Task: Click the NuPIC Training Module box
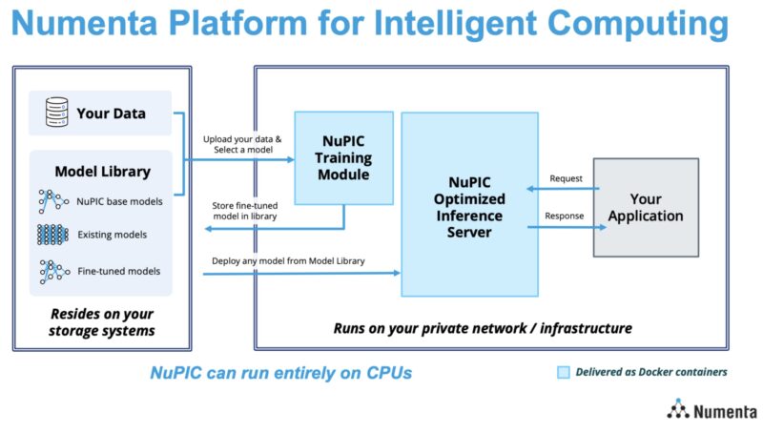click(340, 157)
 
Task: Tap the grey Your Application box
click(645, 207)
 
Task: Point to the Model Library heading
click(102, 172)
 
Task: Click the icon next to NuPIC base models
click(53, 201)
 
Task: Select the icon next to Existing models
click(53, 234)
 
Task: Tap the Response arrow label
click(564, 216)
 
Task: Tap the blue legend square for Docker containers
click(564, 372)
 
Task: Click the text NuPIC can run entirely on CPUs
click(280, 373)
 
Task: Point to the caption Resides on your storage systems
click(101, 322)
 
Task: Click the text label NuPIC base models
click(119, 201)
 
